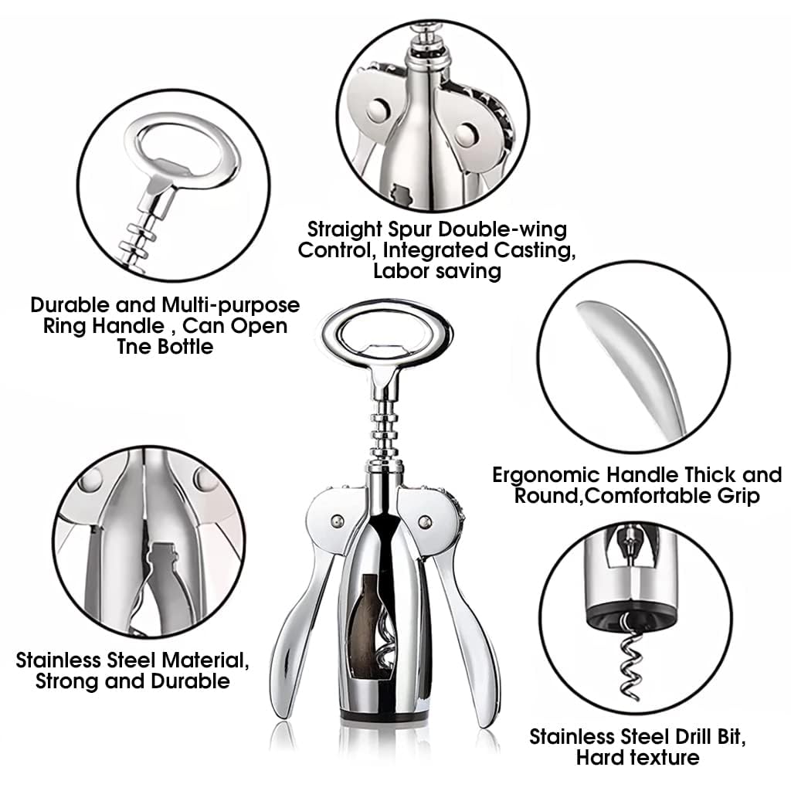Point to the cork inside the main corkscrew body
click(367, 626)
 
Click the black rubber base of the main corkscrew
click(382, 715)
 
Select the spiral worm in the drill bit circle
click(630, 657)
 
